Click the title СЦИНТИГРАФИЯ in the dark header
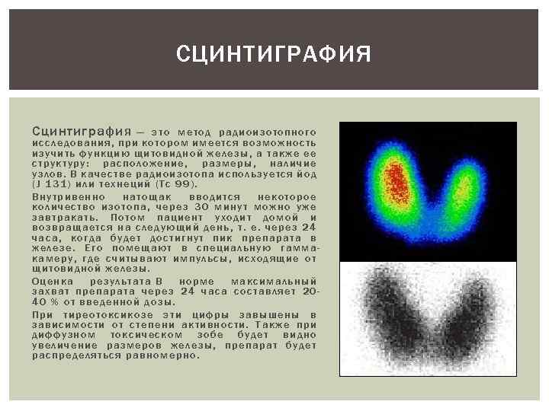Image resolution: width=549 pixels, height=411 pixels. pyautogui.click(x=274, y=55)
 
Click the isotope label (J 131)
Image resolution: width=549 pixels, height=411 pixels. pyautogui.click(x=53, y=184)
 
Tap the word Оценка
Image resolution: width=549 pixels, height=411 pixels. pyautogui.click(x=52, y=281)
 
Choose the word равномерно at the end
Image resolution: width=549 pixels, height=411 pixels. pyautogui.click(x=165, y=355)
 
